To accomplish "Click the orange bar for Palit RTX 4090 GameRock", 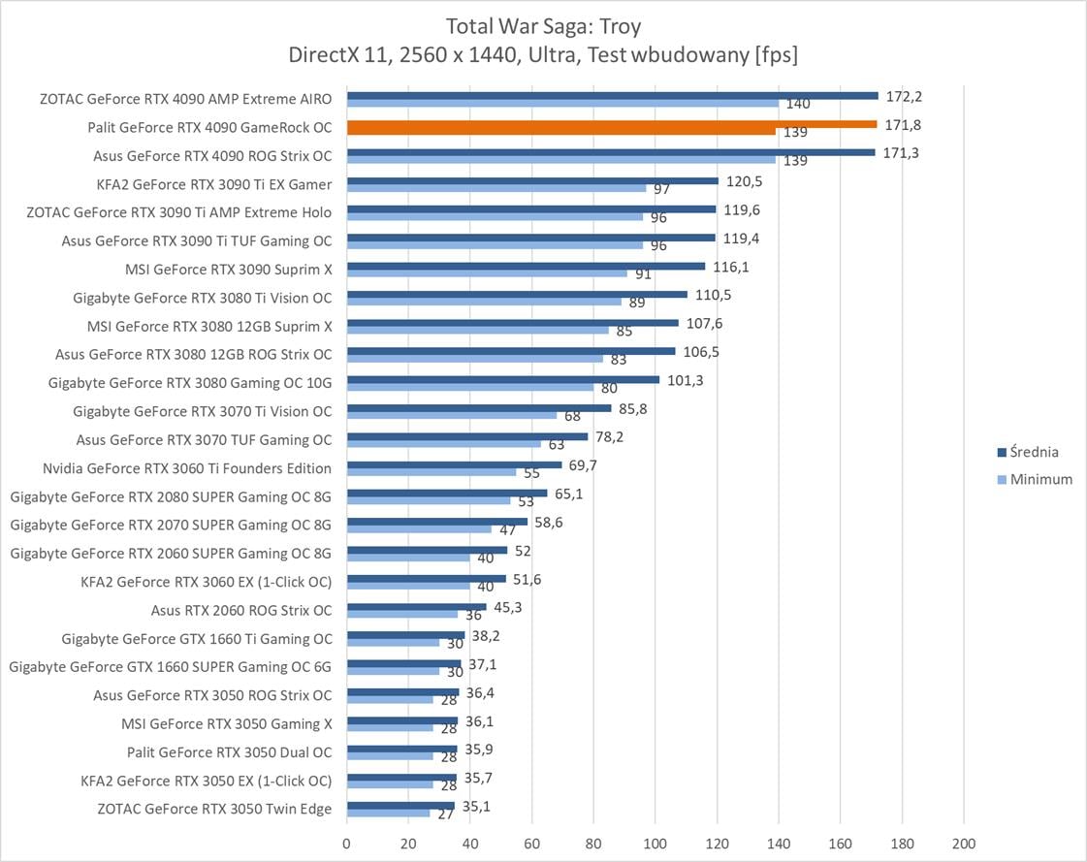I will click(611, 124).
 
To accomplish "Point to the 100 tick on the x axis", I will click(655, 842).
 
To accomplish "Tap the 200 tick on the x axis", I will click(963, 842).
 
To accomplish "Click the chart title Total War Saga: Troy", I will click(543, 25).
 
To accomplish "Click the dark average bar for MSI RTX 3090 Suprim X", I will click(526, 266).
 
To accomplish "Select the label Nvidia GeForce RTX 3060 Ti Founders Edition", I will click(187, 468).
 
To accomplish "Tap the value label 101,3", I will click(686, 380).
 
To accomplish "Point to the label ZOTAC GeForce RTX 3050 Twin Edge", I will click(214, 809).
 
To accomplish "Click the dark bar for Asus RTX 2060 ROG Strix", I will click(416, 607).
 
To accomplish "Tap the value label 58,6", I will click(548, 522).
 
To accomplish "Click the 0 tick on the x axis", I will click(347, 842).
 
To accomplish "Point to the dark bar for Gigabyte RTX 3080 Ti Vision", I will click(517, 294).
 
